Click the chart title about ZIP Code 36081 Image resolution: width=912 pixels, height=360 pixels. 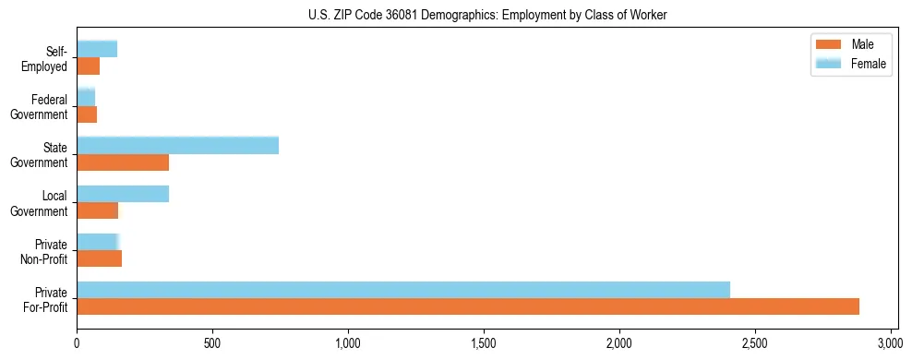coord(486,15)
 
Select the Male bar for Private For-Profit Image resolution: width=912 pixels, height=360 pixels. coord(468,306)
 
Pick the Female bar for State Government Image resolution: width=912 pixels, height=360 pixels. coord(177,145)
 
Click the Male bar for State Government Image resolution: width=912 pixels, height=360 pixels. coord(123,162)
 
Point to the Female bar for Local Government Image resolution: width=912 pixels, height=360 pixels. coord(123,194)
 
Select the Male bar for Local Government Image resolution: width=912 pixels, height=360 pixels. coord(98,210)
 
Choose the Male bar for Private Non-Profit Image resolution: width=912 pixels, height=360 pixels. coord(100,258)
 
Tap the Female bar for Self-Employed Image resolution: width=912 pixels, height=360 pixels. coord(97,49)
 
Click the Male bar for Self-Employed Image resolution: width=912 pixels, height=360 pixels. coord(88,66)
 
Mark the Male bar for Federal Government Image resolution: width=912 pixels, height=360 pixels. coord(87,114)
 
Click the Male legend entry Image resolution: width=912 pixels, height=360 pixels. coord(849,44)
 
